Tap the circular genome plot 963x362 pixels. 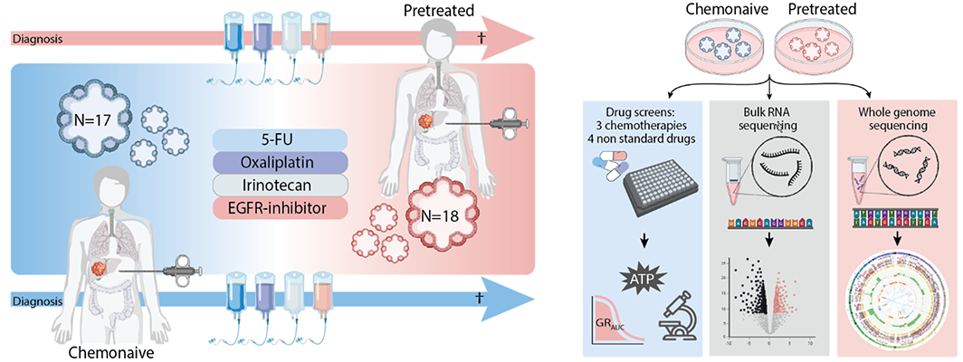point(898,310)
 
